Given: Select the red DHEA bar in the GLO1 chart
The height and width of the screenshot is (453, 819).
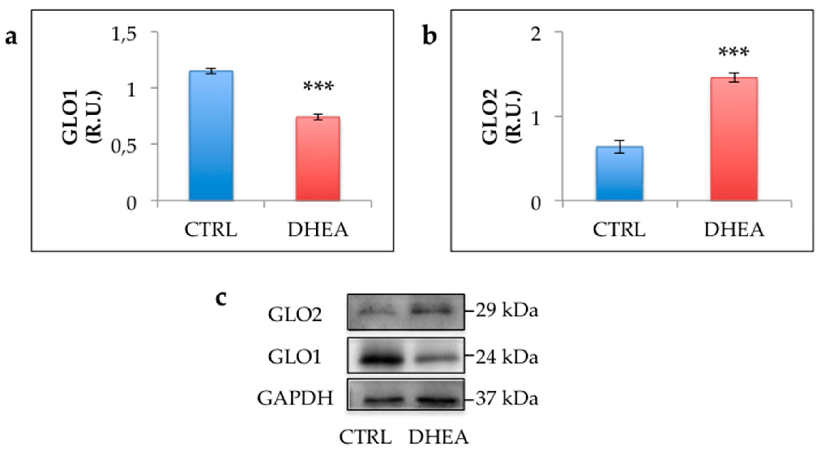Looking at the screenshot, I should click(x=318, y=159).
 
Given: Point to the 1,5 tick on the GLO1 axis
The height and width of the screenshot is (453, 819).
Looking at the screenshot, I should click(x=124, y=34).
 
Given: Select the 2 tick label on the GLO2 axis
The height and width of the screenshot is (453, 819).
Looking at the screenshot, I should click(x=536, y=34).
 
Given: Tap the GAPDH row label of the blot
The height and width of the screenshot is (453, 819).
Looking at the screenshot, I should click(x=295, y=398).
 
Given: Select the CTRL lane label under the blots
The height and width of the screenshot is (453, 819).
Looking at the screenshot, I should click(x=365, y=437).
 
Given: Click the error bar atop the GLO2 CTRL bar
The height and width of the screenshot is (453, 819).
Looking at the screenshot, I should click(x=619, y=147).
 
